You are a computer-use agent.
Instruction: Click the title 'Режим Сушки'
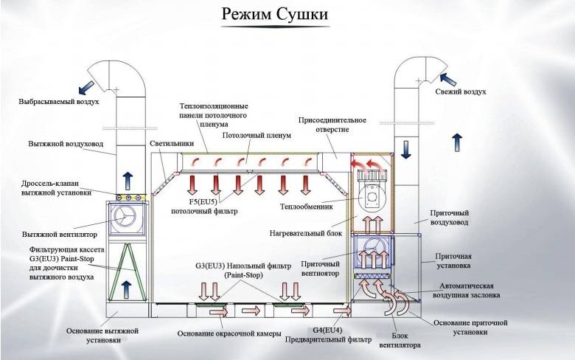coord(275,14)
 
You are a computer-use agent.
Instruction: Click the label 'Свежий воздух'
coord(461,91)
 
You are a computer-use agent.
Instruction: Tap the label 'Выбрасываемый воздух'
coord(59,101)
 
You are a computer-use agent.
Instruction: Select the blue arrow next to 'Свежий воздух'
coord(447,79)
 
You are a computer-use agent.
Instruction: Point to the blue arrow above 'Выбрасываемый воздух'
coord(86,87)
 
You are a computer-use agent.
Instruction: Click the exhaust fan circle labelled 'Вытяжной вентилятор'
coord(123,217)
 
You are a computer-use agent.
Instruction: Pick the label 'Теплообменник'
coord(307,207)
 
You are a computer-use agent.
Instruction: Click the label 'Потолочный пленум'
coord(257,136)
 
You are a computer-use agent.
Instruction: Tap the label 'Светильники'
coord(172,144)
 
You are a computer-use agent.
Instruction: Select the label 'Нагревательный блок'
coord(306,233)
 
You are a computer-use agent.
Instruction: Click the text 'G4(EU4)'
coord(327,330)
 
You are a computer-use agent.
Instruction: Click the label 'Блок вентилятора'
coord(400,340)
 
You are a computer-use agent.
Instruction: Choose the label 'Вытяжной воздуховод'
coord(66,144)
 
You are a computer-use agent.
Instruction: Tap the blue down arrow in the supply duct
coord(405,150)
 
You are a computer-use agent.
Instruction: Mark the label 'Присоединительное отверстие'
coord(332,125)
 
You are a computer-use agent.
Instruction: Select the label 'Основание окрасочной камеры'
coord(229,333)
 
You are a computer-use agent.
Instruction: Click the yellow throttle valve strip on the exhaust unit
coord(131,198)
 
